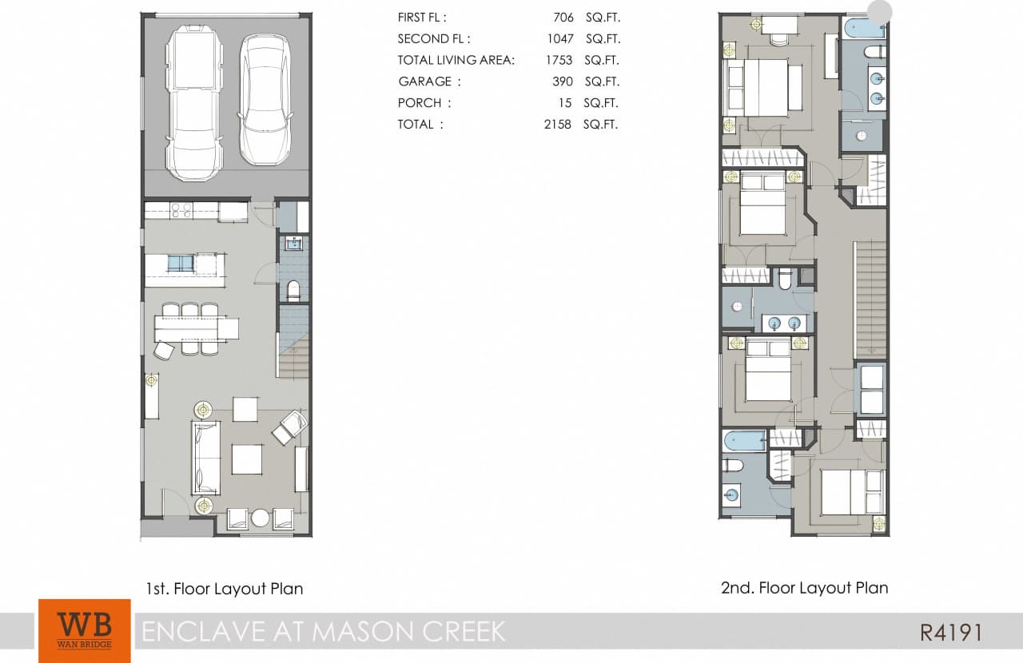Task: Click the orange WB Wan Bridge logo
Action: pos(84,629)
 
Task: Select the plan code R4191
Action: pos(950,633)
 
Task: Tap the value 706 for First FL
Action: pos(563,17)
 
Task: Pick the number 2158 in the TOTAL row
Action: pos(556,125)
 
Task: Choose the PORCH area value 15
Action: pos(566,103)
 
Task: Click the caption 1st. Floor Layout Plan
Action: pos(224,590)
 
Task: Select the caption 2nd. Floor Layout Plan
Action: pos(804,588)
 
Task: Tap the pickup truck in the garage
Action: pos(193,102)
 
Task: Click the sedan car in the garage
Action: pos(265,99)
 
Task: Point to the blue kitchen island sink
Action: pos(181,264)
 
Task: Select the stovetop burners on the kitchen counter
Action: pos(181,211)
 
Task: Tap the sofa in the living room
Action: pos(206,459)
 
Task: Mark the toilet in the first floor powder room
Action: pos(293,290)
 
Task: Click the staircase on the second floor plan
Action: pos(870,299)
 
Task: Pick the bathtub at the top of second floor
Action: pos(864,30)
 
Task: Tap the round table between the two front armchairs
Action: pos(261,518)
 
